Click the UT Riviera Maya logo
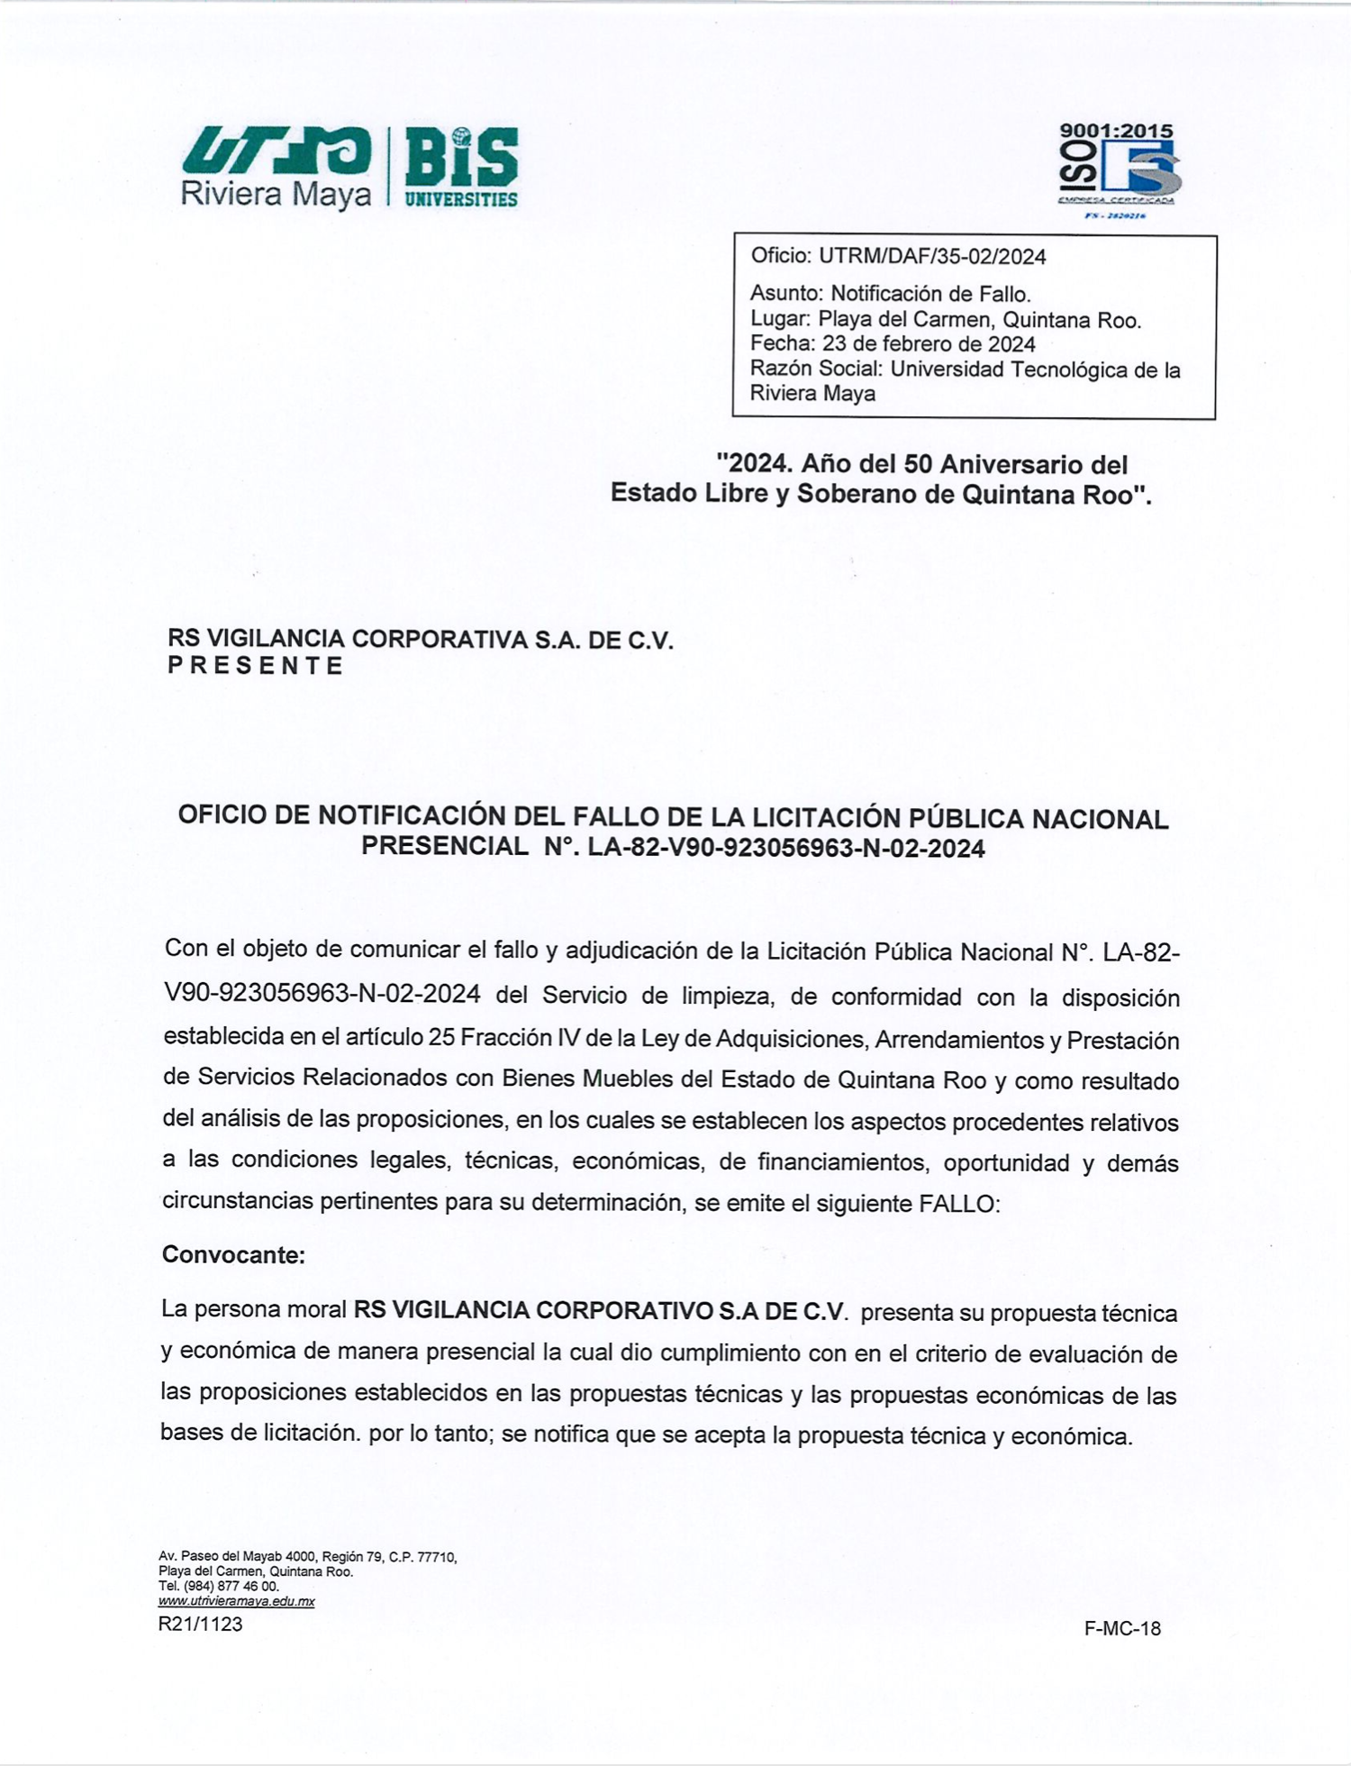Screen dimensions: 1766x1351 point(276,167)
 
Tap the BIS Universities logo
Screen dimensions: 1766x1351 point(461,168)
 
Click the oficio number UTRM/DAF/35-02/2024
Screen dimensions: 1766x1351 point(931,257)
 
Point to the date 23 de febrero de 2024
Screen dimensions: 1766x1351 point(928,344)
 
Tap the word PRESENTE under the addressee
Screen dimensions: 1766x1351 point(255,666)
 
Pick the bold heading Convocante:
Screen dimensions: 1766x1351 point(233,1254)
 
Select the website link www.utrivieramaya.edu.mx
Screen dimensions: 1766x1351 point(236,1601)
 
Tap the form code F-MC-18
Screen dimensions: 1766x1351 point(1122,1628)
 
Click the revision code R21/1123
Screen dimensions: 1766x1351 point(200,1624)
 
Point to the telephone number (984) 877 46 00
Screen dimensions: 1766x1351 point(231,1586)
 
